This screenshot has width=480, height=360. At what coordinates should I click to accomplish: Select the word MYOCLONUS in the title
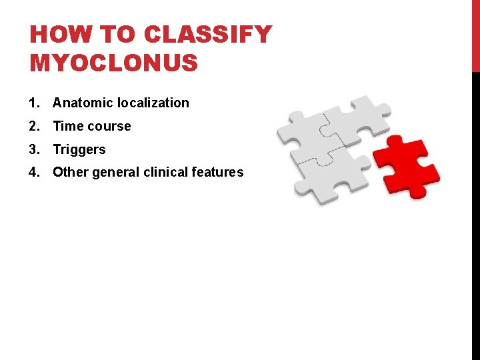114,63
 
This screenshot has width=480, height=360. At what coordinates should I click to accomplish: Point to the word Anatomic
83,103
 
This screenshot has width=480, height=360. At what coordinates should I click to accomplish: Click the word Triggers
79,150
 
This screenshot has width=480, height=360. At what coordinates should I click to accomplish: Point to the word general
112,173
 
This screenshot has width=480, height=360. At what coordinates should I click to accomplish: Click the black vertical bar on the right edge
475,213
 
